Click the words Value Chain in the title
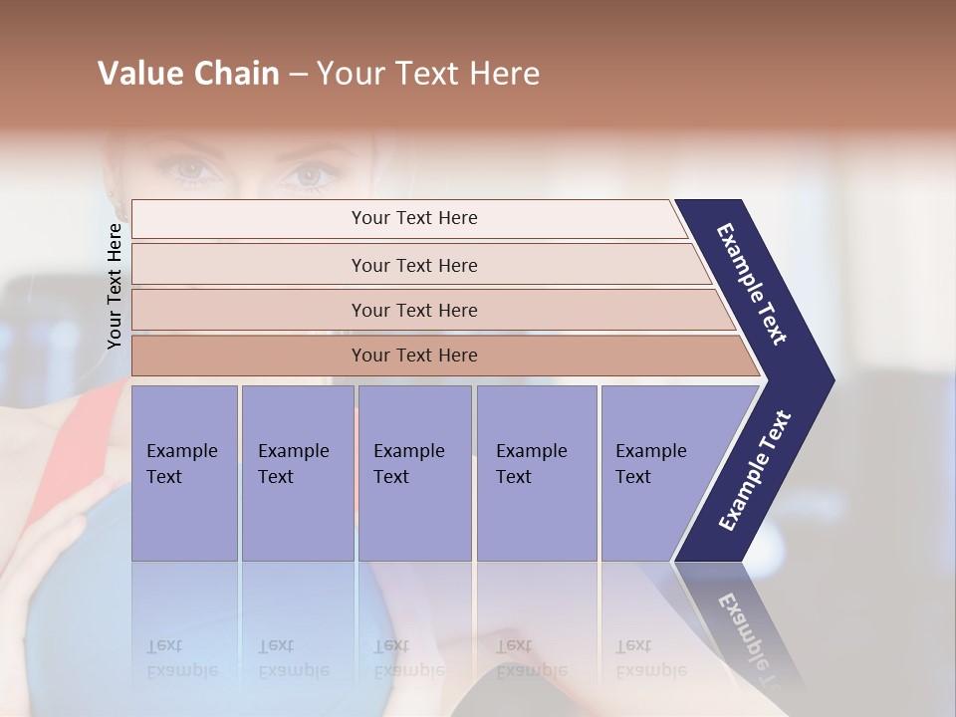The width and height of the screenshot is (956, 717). click(188, 74)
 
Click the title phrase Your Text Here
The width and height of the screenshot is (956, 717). click(428, 74)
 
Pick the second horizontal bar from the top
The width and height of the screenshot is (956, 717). click(413, 265)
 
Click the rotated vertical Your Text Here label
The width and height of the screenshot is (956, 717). click(115, 286)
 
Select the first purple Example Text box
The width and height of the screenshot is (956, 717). click(184, 472)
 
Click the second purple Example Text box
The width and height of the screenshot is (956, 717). click(297, 472)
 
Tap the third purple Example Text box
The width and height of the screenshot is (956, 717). click(414, 472)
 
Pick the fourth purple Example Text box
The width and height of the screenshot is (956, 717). click(537, 472)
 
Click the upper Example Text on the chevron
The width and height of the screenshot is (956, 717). click(752, 284)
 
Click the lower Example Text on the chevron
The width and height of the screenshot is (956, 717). click(755, 471)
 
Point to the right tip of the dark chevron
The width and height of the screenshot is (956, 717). click(832, 380)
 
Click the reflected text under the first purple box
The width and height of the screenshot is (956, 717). click(181, 658)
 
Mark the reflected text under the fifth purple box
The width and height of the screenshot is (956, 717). click(650, 658)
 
